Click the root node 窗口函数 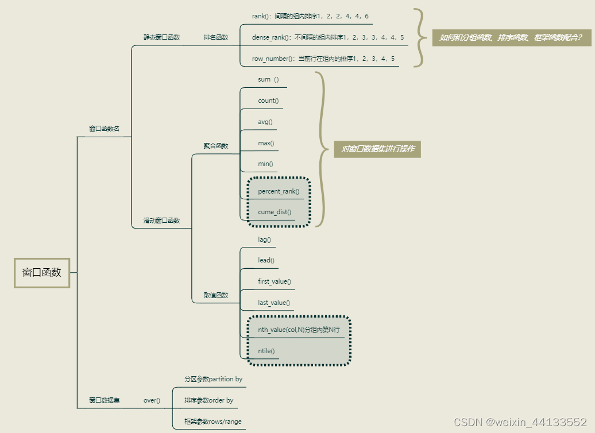[x=42, y=273]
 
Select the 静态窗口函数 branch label [x=161, y=37]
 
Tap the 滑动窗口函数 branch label [x=161, y=221]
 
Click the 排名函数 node [x=216, y=37]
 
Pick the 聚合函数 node [x=216, y=146]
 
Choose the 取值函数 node [x=216, y=295]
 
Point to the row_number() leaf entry [x=323, y=59]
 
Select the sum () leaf [x=268, y=79]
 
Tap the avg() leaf [x=265, y=122]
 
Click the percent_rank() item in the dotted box [x=279, y=191]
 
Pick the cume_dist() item [x=275, y=212]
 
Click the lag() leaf [x=264, y=239]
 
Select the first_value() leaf [x=275, y=281]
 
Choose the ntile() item [x=266, y=351]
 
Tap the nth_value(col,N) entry [x=299, y=330]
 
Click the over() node [x=152, y=400]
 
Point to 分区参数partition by [x=213, y=379]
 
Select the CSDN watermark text [x=520, y=422]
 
